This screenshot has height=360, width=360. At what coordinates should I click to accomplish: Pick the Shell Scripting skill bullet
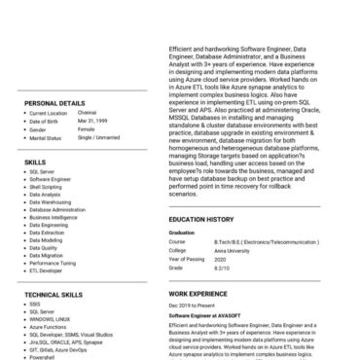click(x=47, y=187)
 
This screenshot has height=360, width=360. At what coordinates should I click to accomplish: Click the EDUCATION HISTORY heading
click(x=206, y=220)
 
